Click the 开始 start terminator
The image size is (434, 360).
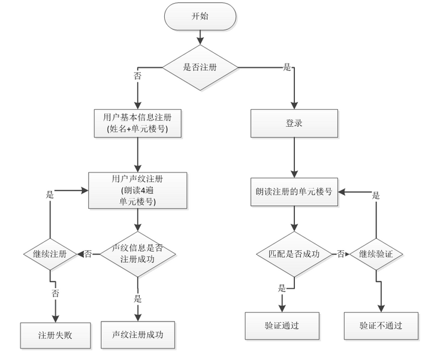pos(200,17)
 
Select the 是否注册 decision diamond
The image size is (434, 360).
pos(199,68)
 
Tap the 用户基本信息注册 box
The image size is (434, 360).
pos(138,124)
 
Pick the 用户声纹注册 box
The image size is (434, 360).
pos(138,190)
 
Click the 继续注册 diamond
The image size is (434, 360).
pos(50,254)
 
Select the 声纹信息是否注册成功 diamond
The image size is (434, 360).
pos(137,254)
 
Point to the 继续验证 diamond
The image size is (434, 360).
pos(376,254)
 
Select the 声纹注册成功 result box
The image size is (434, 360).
pos(137,334)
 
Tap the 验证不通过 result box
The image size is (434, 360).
pos(380,326)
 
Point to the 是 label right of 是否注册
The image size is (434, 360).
pos(287,67)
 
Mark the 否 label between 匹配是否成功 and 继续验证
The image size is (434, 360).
pos(340,254)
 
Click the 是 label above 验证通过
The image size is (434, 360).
pos(282,288)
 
